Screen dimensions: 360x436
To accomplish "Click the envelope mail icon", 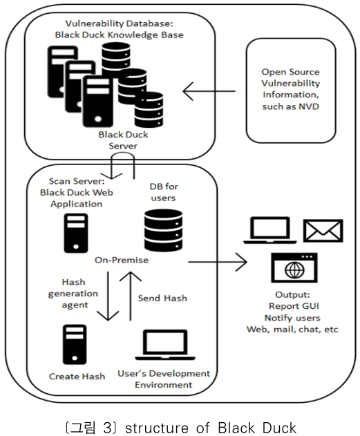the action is (323, 231).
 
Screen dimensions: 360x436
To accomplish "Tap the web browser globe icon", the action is (294, 268).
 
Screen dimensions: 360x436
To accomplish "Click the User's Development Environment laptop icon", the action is (165, 345).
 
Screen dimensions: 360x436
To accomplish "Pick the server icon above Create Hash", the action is (75, 344).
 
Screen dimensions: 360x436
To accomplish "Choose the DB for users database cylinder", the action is (164, 231).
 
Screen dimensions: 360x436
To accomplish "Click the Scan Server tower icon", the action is (76, 233).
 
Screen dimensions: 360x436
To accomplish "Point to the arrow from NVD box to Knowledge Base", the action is (209, 91).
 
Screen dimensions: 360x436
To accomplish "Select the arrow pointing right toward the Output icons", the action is (218, 262).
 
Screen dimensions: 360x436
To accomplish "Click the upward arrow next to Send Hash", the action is (130, 296).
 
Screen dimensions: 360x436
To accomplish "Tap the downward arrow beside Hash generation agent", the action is (108, 296).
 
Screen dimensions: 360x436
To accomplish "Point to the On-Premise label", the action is (122, 260).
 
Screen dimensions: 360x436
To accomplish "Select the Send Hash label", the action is (162, 298).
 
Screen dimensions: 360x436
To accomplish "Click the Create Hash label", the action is (77, 376).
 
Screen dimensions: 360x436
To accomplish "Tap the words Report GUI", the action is (294, 306).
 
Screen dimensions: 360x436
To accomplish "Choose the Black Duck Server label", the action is (123, 140).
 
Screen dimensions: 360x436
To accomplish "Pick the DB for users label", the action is (164, 192).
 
